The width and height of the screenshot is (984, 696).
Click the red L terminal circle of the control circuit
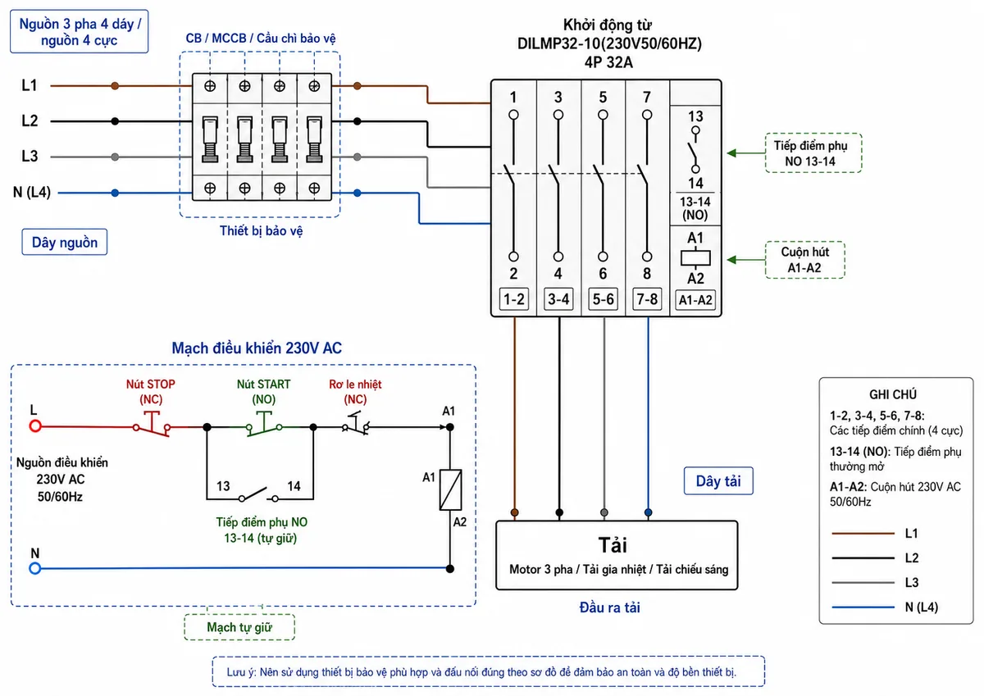click(x=35, y=426)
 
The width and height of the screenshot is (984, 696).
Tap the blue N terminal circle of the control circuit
click(x=35, y=569)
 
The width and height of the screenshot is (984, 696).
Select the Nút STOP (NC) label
click(x=151, y=392)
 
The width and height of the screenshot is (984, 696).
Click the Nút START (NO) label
click(x=263, y=392)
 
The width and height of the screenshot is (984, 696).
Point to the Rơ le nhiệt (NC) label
click(x=355, y=392)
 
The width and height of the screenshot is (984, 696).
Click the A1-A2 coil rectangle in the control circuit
click(x=450, y=489)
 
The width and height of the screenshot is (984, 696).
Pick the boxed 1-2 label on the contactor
click(x=514, y=299)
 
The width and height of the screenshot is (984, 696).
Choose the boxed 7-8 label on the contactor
click(x=647, y=299)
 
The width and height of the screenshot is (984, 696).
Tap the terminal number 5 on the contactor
click(x=603, y=97)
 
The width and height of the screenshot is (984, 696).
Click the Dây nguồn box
click(x=65, y=242)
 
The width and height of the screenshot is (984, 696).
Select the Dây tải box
click(x=718, y=481)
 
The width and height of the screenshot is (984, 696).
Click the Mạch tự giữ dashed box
click(x=239, y=627)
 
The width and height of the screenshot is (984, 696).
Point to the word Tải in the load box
click(x=613, y=545)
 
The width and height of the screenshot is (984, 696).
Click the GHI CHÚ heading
click(x=893, y=394)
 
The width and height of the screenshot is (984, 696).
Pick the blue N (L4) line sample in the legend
click(x=863, y=607)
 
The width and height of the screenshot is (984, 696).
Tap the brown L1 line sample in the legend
click(x=863, y=534)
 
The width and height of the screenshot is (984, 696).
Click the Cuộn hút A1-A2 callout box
click(x=804, y=260)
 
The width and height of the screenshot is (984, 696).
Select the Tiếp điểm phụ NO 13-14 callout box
click(x=813, y=152)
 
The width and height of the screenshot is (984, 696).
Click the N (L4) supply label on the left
click(x=32, y=192)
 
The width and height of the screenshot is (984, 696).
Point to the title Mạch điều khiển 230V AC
click(x=257, y=348)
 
